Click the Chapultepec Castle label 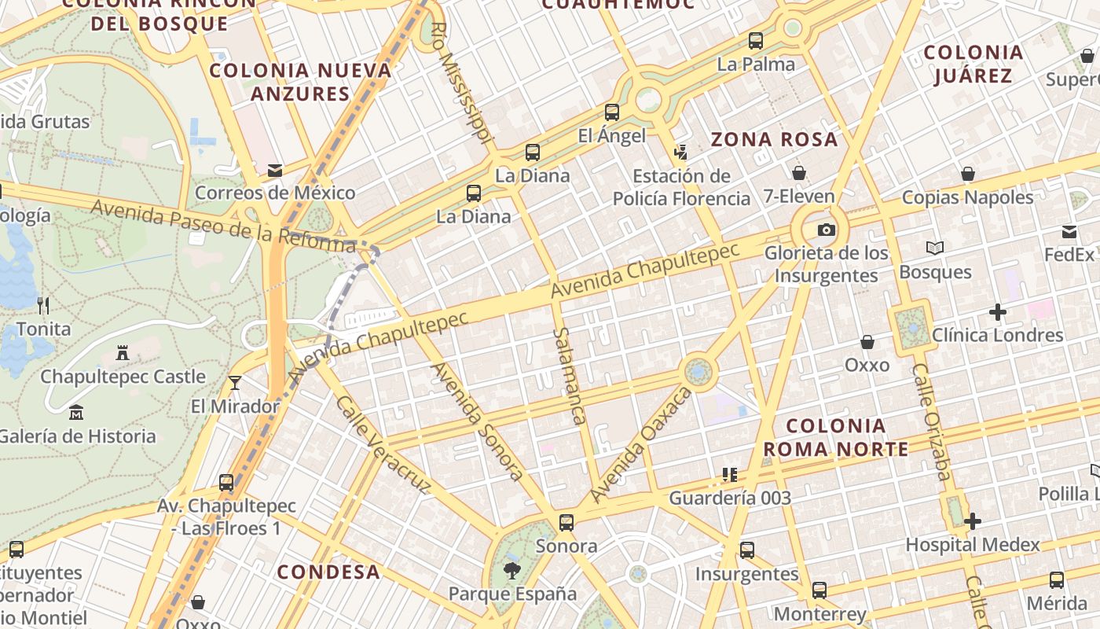pos(123,377)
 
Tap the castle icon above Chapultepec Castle pos(123,353)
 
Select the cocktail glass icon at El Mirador pos(234,383)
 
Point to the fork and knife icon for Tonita pos(43,306)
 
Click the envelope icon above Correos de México pos(275,170)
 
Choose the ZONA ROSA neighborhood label pos(774,140)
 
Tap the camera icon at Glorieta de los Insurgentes pos(826,230)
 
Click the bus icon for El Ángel pos(612,112)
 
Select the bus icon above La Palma pos(756,41)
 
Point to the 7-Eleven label pos(798,196)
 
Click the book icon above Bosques pos(934,248)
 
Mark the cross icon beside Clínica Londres pos(998,312)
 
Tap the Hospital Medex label pos(973,544)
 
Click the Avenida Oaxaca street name pos(641,444)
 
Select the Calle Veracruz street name pos(383,445)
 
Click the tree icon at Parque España pos(512,570)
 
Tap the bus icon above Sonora pos(566,522)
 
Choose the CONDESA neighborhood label pos(328,572)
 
